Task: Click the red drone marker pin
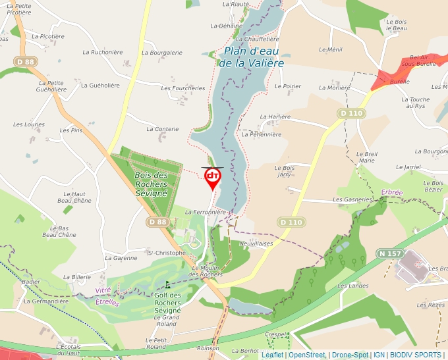[x=213, y=178]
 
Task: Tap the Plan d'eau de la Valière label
[x=254, y=57]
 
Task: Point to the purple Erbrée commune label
[x=391, y=192]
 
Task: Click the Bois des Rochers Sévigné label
[x=151, y=185]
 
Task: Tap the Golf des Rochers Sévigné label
[x=167, y=303]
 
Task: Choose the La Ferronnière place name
[x=206, y=213]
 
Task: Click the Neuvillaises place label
[x=256, y=243]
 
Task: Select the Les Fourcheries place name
[x=183, y=88]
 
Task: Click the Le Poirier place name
[x=287, y=86]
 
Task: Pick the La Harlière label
[x=275, y=116]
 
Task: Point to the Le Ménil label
[x=331, y=49]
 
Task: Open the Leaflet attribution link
[x=272, y=355]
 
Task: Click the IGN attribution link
[x=379, y=355]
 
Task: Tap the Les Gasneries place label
[x=353, y=199]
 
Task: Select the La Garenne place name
[x=121, y=258]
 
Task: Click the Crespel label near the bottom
[x=277, y=334]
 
